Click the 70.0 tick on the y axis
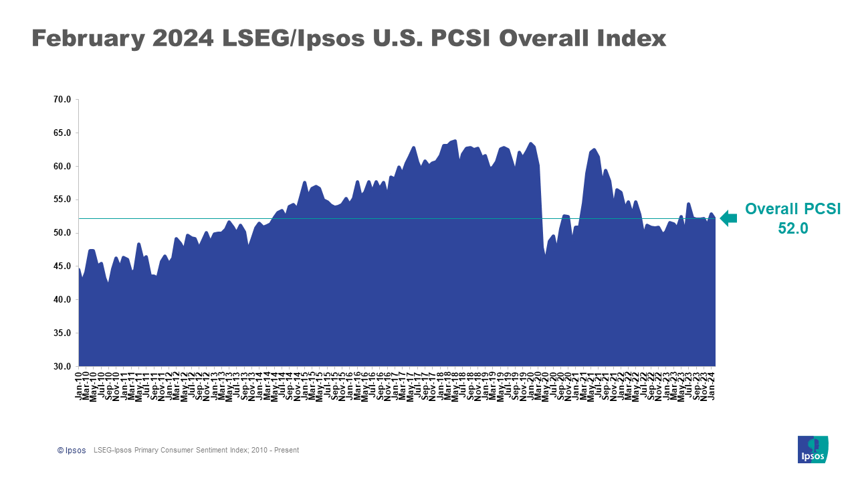click(x=62, y=100)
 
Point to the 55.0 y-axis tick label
click(x=62, y=199)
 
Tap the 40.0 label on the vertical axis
click(x=62, y=300)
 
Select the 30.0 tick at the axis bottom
click(x=62, y=367)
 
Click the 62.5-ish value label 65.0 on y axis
click(x=62, y=133)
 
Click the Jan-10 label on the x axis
click(x=79, y=386)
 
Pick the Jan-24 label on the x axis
click(x=713, y=386)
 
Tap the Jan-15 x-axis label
click(x=305, y=386)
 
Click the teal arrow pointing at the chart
click(x=728, y=218)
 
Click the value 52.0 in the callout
click(x=793, y=228)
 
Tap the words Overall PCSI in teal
click(x=793, y=209)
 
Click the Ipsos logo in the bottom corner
click(x=813, y=449)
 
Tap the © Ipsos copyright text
click(x=72, y=451)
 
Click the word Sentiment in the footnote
click(x=218, y=451)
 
